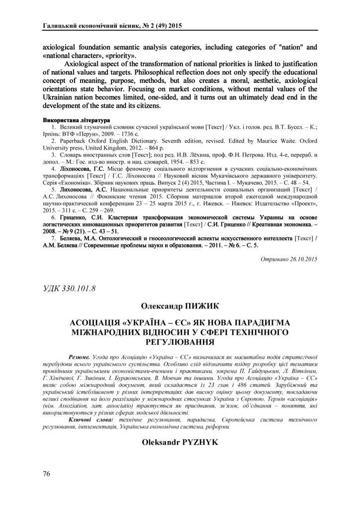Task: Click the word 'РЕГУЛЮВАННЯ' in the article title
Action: pos(180,341)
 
